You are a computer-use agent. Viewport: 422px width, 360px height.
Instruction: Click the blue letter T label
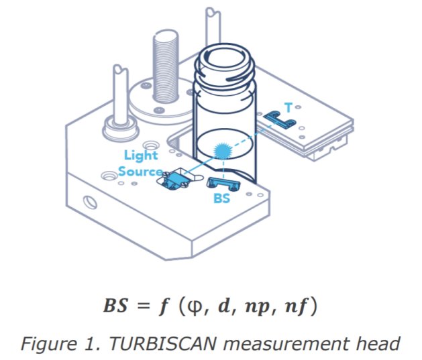(x=288, y=107)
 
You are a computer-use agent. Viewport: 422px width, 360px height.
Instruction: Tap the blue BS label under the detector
(x=222, y=198)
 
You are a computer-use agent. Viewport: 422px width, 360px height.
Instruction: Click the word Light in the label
(x=141, y=156)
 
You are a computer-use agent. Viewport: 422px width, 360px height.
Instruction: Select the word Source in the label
(x=140, y=171)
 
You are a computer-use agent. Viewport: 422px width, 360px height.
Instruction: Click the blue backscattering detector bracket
(x=224, y=184)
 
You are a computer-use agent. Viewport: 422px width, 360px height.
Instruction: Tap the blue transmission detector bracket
(x=279, y=119)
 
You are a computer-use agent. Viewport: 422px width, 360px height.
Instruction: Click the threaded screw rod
(x=166, y=66)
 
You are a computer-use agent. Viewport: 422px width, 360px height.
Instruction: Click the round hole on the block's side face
(x=91, y=202)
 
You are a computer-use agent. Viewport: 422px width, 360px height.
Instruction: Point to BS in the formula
(x=115, y=306)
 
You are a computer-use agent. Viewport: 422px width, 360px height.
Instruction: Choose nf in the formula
(x=295, y=306)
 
